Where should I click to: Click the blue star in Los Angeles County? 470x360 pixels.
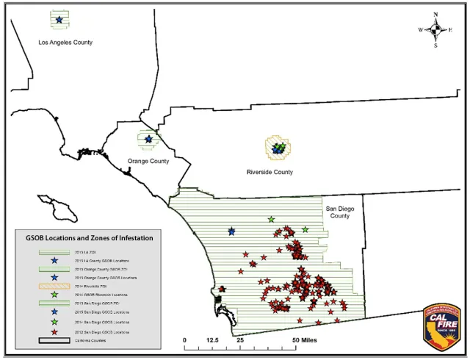(x=59, y=20)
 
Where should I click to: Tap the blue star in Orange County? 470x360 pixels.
(x=148, y=139)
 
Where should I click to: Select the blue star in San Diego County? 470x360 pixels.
(x=232, y=231)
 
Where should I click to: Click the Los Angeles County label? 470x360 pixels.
(x=65, y=43)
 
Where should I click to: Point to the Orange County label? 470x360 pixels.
(x=148, y=161)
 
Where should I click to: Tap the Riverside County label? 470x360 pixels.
(x=270, y=172)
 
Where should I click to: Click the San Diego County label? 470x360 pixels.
(x=339, y=212)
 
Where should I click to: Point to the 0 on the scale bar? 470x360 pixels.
(x=185, y=340)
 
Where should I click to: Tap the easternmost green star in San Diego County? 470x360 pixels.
(x=305, y=230)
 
